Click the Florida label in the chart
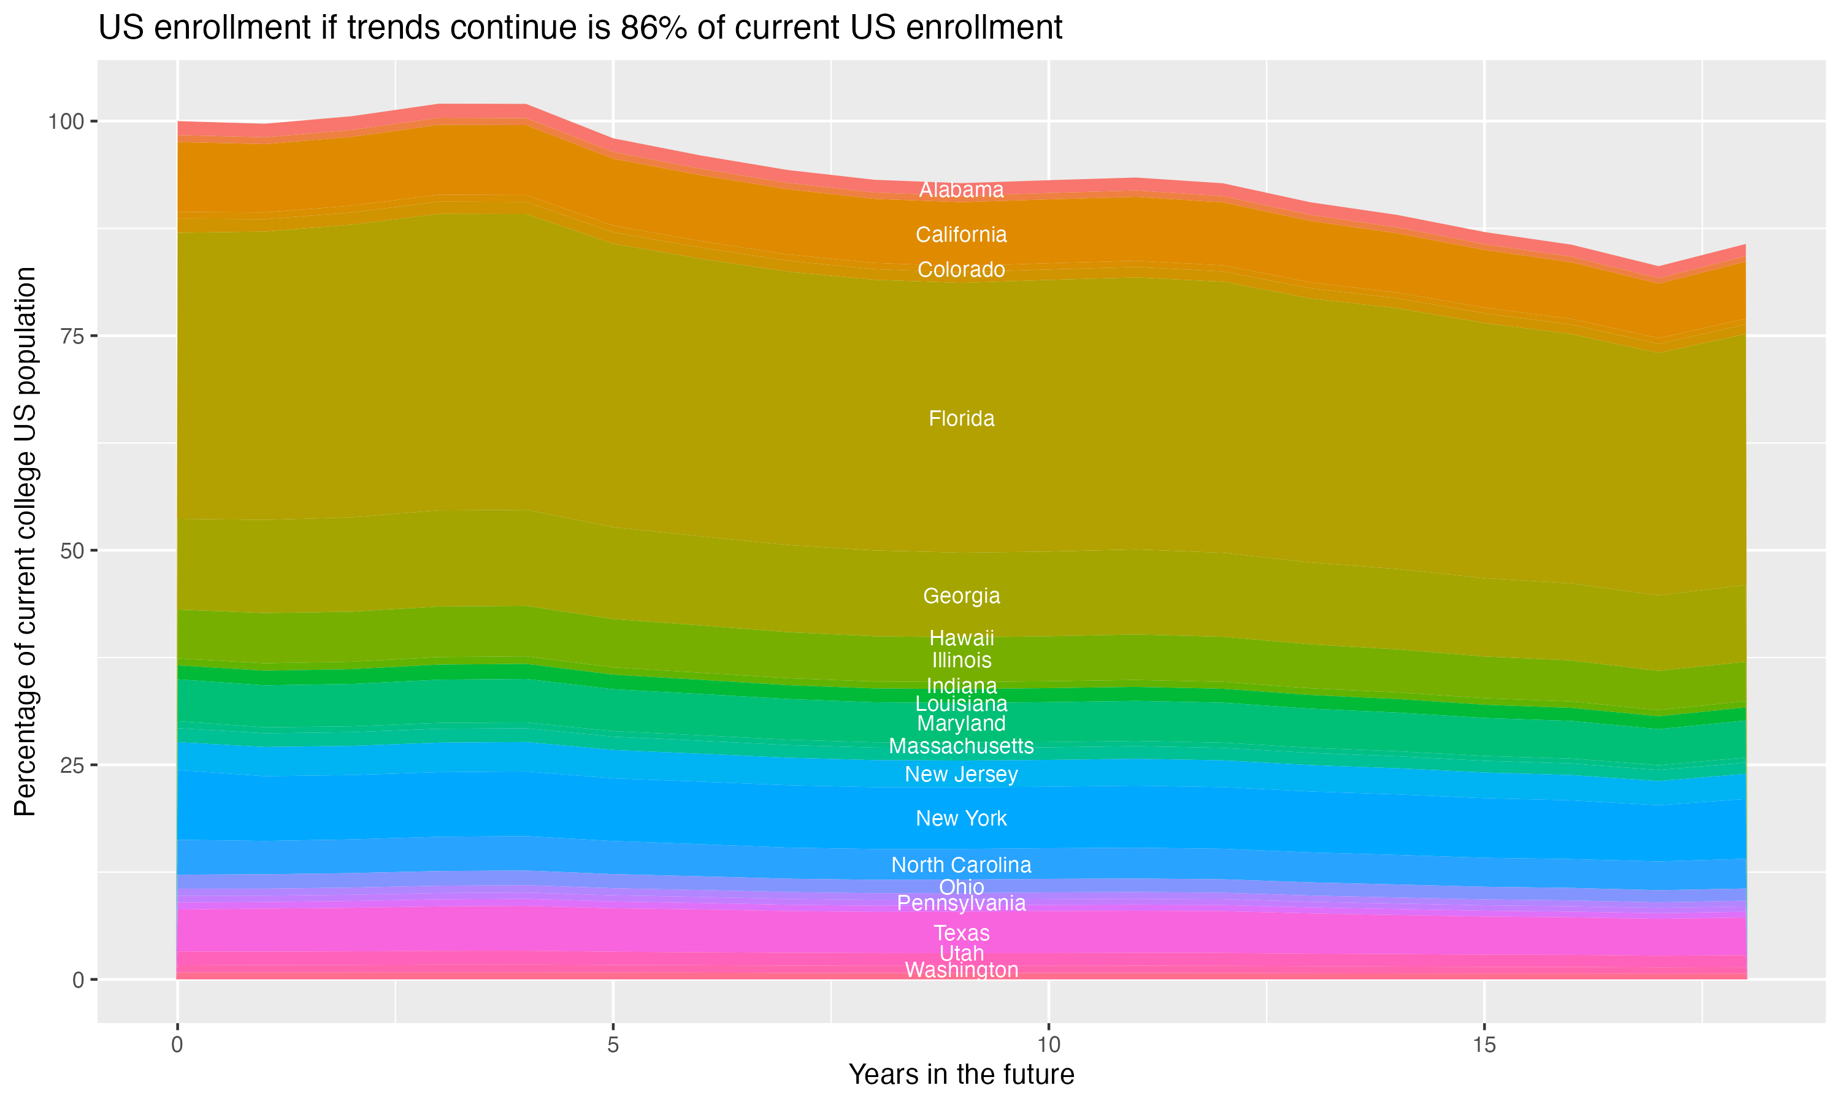click(961, 419)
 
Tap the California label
click(961, 235)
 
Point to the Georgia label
click(961, 596)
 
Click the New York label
click(961, 818)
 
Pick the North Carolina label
click(961, 865)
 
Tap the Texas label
click(961, 933)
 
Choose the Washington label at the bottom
click(961, 970)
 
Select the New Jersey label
click(961, 775)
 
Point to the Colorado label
click(961, 269)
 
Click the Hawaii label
click(961, 637)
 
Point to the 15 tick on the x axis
click(1484, 1045)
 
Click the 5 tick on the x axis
click(613, 1045)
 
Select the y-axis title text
click(26, 541)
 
